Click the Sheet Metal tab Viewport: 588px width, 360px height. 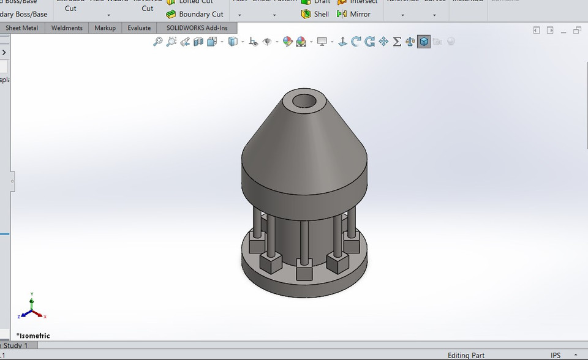point(21,28)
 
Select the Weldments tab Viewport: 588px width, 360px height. point(67,28)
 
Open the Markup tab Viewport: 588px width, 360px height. point(105,28)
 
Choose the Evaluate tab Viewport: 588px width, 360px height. point(139,28)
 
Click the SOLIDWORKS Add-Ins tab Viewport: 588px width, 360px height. point(197,28)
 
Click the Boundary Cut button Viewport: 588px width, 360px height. point(195,14)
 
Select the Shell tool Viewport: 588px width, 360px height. point(315,14)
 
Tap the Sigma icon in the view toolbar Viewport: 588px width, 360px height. point(397,42)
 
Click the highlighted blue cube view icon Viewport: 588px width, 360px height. point(423,42)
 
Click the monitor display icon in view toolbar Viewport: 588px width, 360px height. point(322,42)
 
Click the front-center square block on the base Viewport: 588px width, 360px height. point(304,270)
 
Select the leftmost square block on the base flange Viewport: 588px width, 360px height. point(269,264)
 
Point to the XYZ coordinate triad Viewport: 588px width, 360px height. point(32,308)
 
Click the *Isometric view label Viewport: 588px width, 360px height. point(33,336)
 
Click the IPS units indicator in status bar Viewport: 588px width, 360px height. point(556,355)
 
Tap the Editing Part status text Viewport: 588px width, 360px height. point(466,355)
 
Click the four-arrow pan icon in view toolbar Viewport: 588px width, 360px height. point(383,42)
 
